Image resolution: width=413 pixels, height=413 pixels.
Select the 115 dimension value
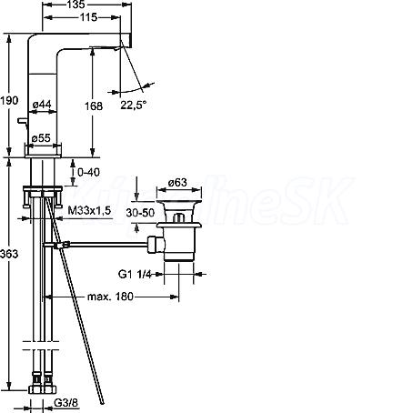point(88,17)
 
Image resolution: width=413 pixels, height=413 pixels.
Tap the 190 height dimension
point(9,100)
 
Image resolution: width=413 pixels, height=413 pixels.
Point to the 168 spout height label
point(94,106)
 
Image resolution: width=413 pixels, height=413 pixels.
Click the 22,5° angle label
point(134,105)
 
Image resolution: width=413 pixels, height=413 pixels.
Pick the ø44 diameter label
point(42,105)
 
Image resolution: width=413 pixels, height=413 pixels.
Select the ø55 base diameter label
point(41,138)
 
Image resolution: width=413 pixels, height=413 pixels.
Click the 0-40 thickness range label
point(88,172)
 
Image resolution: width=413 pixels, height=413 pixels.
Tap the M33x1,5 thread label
point(89,210)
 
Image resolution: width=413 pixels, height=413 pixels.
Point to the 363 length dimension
point(9,254)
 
